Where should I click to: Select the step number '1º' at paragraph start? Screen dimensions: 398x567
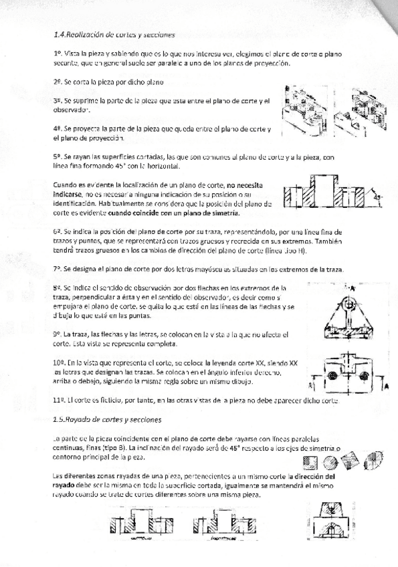[58, 51]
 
